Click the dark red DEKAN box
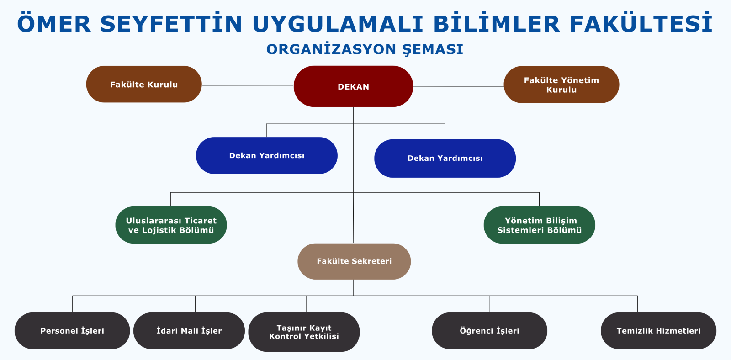(353, 86)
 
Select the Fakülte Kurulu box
(144, 85)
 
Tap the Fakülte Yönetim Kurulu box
(561, 85)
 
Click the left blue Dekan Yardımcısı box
(266, 155)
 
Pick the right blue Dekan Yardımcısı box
(445, 158)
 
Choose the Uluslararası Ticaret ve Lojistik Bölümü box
(171, 225)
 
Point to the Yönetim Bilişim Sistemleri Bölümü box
(539, 225)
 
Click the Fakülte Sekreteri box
(354, 261)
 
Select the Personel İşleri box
(72, 331)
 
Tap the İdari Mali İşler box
(189, 331)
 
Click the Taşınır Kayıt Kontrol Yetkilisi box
(304, 332)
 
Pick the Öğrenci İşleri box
(489, 331)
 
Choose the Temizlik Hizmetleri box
(658, 331)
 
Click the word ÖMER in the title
(54, 24)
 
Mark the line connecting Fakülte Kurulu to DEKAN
(248, 86)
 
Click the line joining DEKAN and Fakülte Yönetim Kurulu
(458, 86)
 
